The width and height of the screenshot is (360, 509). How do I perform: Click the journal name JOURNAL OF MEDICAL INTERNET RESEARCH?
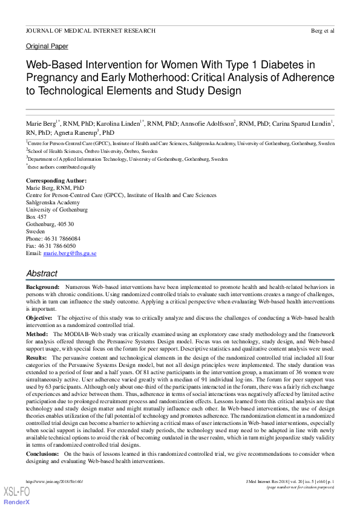[90, 31]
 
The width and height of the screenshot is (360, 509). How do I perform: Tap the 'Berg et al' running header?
[321, 31]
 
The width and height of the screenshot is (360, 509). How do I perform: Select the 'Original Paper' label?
[47, 46]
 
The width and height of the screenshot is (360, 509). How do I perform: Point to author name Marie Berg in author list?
[41, 124]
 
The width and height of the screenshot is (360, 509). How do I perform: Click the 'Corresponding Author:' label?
[56, 181]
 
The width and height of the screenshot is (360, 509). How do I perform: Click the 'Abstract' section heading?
[42, 274]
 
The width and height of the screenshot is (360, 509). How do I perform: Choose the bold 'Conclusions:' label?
[44, 453]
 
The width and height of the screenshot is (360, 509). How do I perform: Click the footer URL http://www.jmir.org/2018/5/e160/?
[54, 481]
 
